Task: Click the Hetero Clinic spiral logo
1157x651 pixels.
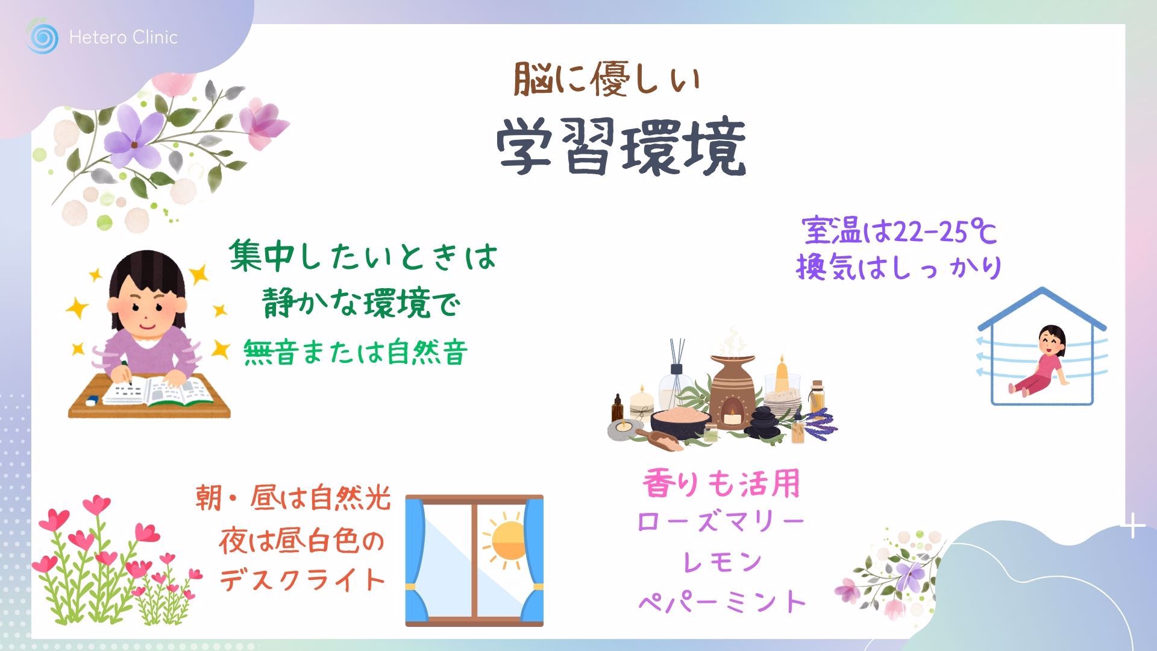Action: click(x=42, y=37)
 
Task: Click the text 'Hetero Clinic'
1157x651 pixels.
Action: click(x=124, y=37)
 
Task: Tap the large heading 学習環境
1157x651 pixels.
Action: click(x=621, y=148)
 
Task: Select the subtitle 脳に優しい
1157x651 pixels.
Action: click(x=607, y=80)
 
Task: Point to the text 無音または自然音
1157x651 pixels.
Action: click(x=356, y=352)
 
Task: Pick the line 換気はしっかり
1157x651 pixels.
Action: click(x=898, y=267)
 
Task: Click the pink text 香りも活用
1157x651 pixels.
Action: click(x=721, y=483)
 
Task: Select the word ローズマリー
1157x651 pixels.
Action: click(x=721, y=522)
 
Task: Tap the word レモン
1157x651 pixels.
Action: click(x=722, y=562)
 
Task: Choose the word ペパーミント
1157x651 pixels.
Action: click(x=722, y=601)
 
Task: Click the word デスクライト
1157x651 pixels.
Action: click(x=301, y=580)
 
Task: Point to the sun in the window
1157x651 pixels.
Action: click(x=507, y=539)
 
